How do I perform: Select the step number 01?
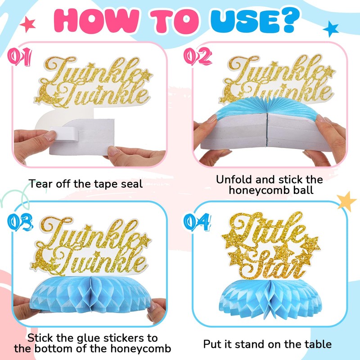pos(20,57)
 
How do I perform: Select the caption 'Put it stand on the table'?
pos(267,344)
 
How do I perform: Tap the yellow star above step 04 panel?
pos(347,201)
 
